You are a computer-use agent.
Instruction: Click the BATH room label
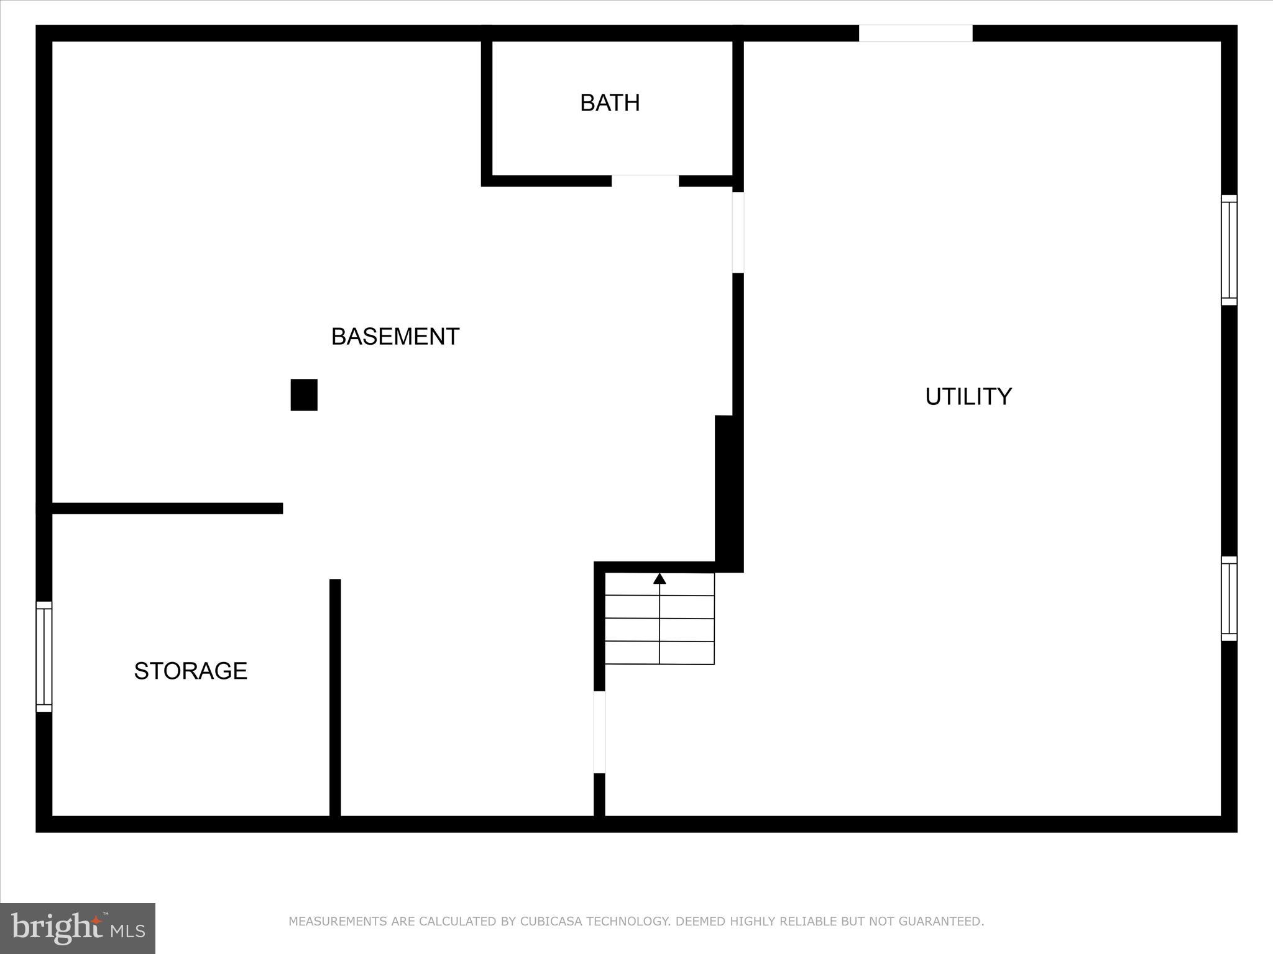pos(609,103)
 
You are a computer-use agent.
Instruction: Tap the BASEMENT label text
pos(395,337)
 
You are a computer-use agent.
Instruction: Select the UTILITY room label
pos(968,397)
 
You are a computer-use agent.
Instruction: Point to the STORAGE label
pos(190,671)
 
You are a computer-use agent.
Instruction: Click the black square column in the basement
pos(304,395)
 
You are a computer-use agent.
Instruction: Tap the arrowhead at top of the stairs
pos(659,579)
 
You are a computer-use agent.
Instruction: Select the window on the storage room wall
pos(44,656)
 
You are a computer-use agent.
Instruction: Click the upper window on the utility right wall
pos(1229,250)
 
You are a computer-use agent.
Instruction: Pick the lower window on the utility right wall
pos(1229,598)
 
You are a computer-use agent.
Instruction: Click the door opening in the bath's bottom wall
pos(645,181)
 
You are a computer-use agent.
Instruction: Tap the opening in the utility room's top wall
pos(915,33)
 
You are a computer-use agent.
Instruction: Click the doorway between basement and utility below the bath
pos(738,232)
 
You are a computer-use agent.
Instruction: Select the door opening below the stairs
pos(599,732)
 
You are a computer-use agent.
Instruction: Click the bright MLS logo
pos(78,928)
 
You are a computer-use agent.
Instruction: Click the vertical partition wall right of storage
pos(335,697)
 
